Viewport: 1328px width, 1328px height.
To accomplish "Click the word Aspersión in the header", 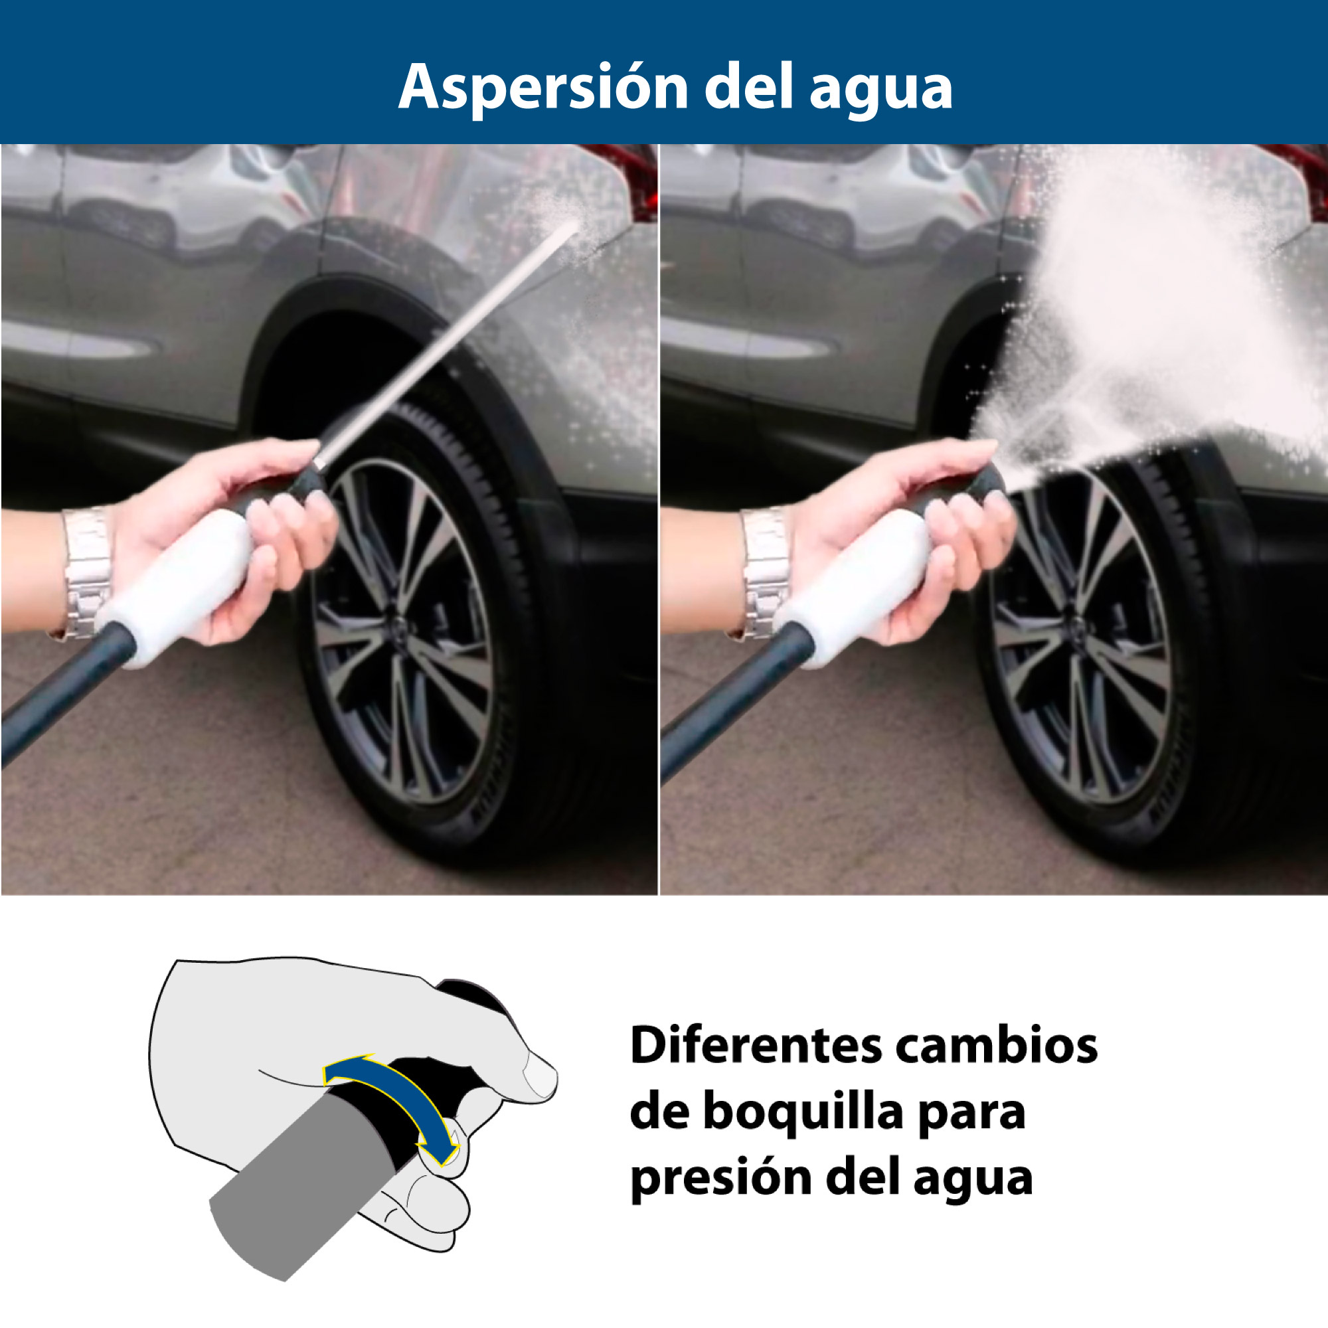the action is (x=544, y=87).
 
